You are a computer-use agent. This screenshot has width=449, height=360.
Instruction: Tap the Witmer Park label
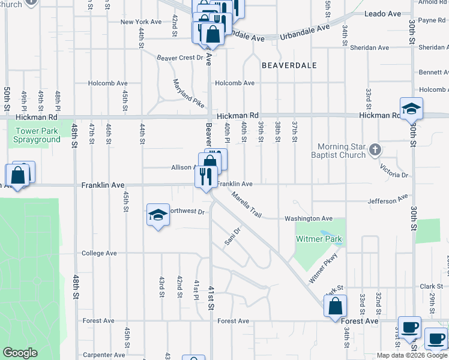[x=319, y=239]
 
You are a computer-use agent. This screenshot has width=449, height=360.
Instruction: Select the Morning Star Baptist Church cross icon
[x=375, y=150]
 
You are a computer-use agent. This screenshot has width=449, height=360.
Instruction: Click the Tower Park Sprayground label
[x=38, y=135]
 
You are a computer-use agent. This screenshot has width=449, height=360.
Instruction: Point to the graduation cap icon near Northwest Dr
[x=157, y=215]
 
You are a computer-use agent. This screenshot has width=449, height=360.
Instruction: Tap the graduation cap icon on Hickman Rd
[x=412, y=109]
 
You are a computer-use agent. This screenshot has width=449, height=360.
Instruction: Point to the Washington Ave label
[x=309, y=218]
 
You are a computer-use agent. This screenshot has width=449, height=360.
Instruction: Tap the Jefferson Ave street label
[x=387, y=200]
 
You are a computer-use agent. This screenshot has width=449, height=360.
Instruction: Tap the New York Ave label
[x=140, y=22]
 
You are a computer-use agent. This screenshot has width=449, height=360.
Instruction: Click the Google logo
[x=20, y=353]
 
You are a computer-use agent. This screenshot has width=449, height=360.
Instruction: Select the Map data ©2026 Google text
[x=411, y=355]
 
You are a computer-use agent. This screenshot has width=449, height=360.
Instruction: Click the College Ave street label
[x=99, y=253]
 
